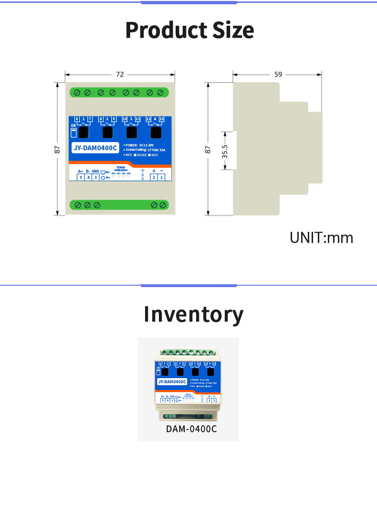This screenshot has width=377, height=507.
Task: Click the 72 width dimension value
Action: pyautogui.click(x=120, y=74)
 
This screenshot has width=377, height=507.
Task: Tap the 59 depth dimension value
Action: pyautogui.click(x=278, y=74)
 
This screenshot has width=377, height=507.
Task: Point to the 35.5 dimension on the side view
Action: pyautogui.click(x=225, y=151)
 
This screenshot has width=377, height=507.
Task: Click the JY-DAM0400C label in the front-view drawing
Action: pyautogui.click(x=95, y=148)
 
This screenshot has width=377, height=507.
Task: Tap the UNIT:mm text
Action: pyautogui.click(x=321, y=238)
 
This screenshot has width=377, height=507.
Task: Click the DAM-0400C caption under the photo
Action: pyautogui.click(x=191, y=429)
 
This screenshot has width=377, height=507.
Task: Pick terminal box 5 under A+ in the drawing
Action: pyautogui.click(x=81, y=177)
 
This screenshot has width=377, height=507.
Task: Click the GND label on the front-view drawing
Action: pyautogui.click(x=95, y=171)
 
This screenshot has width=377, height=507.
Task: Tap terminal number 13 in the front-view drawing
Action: pyautogui.click(x=161, y=119)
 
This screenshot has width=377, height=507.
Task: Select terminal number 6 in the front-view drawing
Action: pyautogui.click(x=77, y=119)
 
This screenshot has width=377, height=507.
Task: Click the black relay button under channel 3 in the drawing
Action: pyautogui.click(x=131, y=132)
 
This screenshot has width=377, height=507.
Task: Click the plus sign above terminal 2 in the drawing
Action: pyautogui.click(x=154, y=171)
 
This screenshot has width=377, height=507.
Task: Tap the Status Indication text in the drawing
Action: pyautogui.click(x=121, y=169)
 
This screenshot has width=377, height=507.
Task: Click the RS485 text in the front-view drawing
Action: pyautogui.click(x=142, y=155)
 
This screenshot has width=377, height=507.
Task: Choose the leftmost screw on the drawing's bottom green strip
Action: pyautogui.click(x=77, y=205)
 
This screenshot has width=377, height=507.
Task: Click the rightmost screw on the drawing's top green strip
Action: pyautogui.click(x=160, y=92)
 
